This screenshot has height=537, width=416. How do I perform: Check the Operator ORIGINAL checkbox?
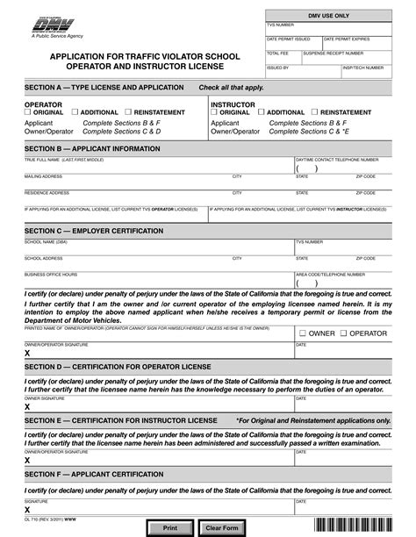pos(28,112)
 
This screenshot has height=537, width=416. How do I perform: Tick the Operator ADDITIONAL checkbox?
pos(75,112)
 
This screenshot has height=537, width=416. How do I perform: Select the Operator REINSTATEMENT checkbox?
pos(128,112)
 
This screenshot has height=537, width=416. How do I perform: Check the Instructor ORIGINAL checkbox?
pos(214,112)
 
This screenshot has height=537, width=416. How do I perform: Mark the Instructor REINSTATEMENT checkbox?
pos(314,112)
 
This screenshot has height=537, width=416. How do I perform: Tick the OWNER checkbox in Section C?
pos(303,333)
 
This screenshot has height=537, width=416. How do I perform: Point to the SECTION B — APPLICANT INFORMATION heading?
pos(92,148)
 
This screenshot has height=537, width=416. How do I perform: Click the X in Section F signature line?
pos(27,510)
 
